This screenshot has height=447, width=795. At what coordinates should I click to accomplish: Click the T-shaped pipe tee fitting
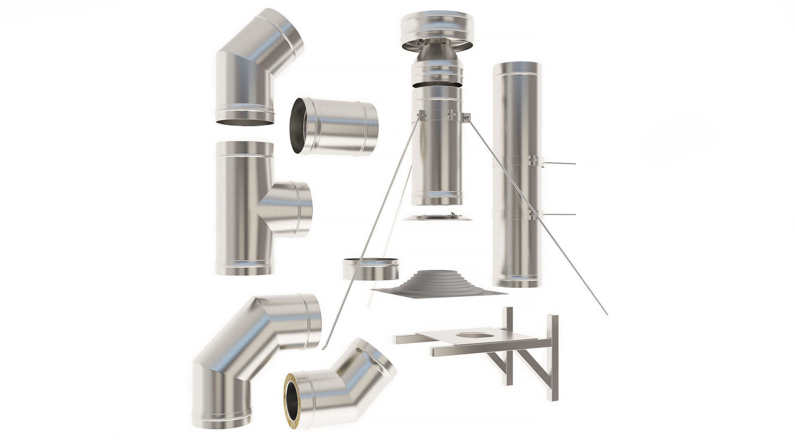(244, 207)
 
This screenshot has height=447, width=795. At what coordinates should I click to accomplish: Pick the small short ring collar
(371, 269)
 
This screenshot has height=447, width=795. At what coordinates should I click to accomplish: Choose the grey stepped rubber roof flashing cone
(431, 281)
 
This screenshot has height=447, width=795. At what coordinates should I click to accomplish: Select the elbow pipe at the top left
(253, 66)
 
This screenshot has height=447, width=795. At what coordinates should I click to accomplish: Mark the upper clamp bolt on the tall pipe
(535, 160)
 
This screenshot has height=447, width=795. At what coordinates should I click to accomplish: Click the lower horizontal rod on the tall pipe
(559, 214)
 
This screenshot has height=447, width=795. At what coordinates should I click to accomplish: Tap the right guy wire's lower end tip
(607, 315)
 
